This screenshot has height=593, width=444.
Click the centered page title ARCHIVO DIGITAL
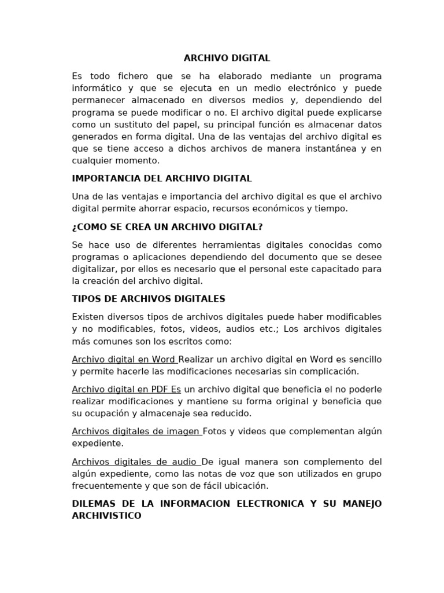click(227, 58)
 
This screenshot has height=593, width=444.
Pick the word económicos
click(284, 208)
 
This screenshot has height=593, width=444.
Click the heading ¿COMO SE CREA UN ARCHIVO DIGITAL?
click(167, 226)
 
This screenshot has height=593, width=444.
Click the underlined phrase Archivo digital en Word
click(124, 359)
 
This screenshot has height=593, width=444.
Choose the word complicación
click(330, 371)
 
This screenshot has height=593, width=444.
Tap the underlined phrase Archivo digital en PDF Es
click(127, 389)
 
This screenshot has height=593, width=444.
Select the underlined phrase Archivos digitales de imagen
click(136, 431)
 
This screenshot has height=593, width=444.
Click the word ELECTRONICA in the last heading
click(270, 504)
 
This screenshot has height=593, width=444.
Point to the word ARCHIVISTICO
click(106, 515)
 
